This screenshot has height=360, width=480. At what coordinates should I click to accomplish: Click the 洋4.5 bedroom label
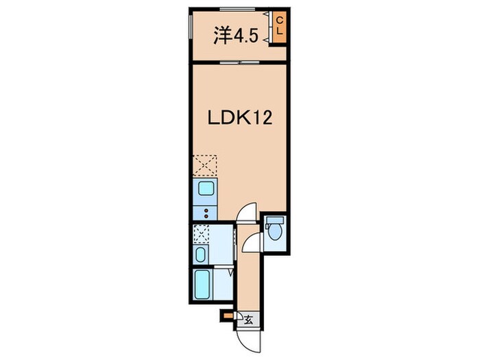pos(237,35)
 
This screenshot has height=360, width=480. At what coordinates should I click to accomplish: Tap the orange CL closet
pos(280,27)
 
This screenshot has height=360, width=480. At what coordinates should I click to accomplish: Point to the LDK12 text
pos(240,118)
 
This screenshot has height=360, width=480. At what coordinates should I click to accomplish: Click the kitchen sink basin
pos(206,188)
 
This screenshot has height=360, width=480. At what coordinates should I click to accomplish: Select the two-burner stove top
pos(205,213)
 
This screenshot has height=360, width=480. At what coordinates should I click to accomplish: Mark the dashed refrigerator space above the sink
pos(205,166)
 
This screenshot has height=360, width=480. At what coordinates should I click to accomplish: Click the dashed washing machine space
pos(201,235)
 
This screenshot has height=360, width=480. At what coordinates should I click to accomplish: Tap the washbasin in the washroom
pos(200,255)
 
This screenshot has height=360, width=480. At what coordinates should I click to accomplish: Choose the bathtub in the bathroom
pos(203,285)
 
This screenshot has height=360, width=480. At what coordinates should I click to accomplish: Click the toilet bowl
pos(274,232)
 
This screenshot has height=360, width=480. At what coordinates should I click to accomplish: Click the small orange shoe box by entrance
pos(228,315)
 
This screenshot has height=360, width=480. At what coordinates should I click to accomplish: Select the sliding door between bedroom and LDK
pos(239,62)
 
